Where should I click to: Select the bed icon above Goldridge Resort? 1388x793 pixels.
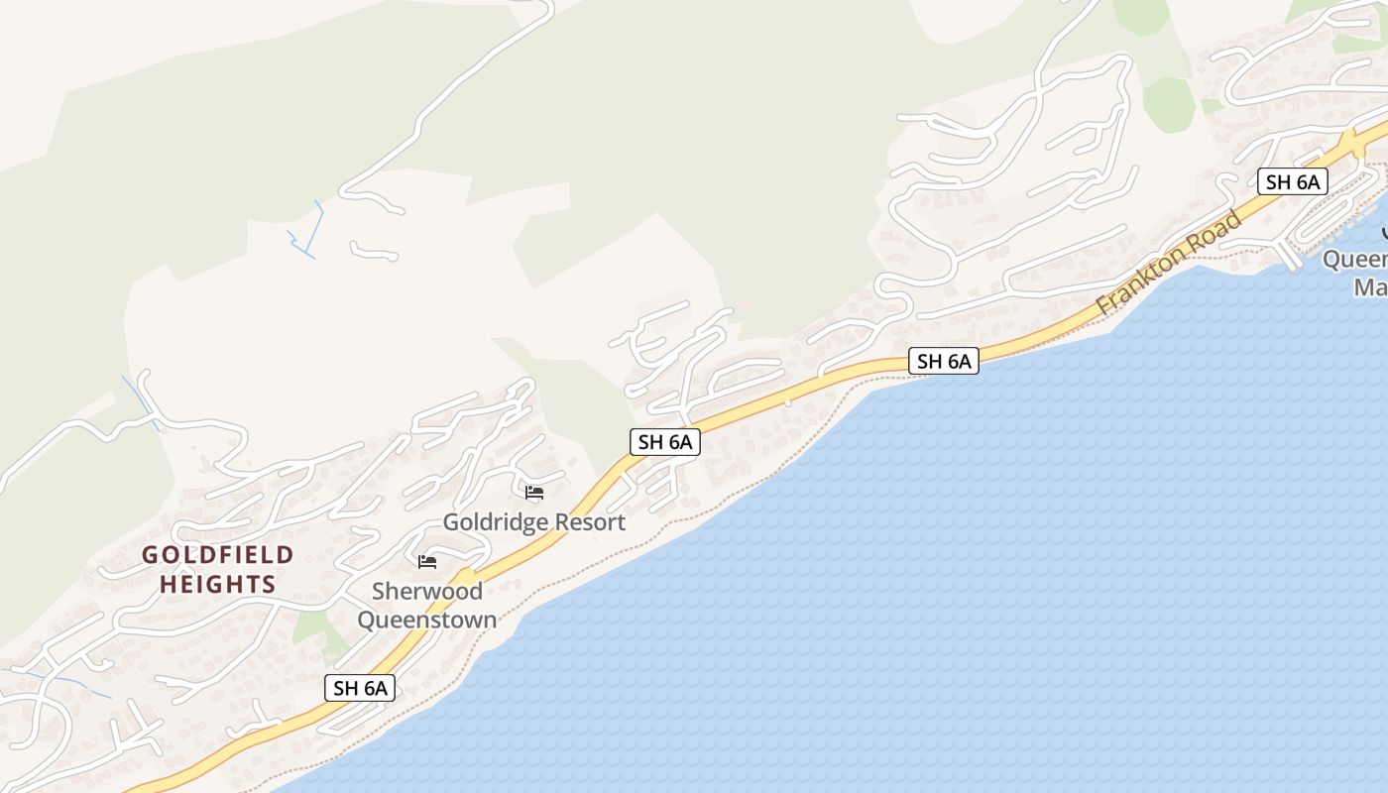pos(534,493)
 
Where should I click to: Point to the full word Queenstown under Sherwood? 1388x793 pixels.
pos(426,621)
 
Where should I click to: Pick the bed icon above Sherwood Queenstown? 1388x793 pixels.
pos(427,562)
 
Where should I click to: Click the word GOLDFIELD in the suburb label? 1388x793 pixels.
pos(218,555)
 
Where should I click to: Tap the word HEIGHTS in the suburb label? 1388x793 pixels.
pos(218,584)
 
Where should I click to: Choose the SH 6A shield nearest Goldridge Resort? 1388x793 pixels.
pos(665,442)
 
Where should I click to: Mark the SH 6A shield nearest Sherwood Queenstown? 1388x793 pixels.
pos(360,688)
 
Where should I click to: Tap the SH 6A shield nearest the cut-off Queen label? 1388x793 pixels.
pos(1293,181)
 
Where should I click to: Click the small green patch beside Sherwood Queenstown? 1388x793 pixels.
pos(313,627)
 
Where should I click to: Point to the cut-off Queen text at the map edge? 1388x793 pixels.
pos(1355,260)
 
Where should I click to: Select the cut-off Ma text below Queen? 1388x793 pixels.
pos(1370,287)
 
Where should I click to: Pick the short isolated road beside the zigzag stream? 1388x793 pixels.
pos(373,252)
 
